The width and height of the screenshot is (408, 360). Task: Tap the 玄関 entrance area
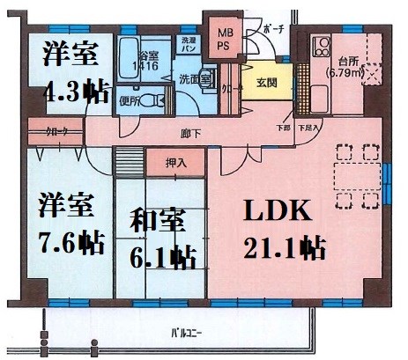(x=267, y=84)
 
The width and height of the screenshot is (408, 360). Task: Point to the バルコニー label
(x=184, y=333)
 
